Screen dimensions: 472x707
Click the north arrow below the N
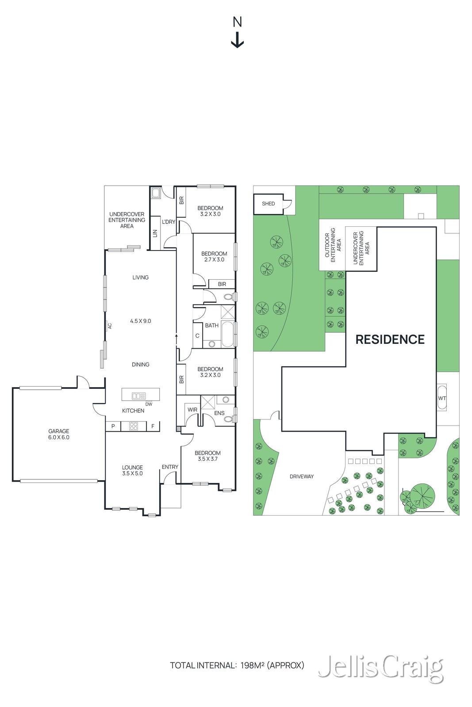click(x=237, y=42)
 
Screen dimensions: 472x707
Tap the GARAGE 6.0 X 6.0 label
click(x=59, y=434)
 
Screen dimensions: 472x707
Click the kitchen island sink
click(x=138, y=396)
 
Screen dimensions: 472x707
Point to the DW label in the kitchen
click(x=149, y=404)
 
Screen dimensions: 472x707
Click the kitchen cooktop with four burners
click(x=133, y=426)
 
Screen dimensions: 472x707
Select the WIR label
click(x=192, y=410)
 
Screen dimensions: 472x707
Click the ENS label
click(x=219, y=413)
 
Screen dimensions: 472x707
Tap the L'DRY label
click(x=169, y=222)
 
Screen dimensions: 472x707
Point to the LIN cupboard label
click(x=155, y=233)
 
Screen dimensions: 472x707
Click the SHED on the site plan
click(x=268, y=204)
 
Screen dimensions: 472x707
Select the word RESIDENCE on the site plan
click(x=390, y=339)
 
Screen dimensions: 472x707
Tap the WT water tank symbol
click(x=441, y=398)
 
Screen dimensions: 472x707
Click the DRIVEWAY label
click(x=301, y=477)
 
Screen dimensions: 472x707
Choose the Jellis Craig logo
click(x=380, y=667)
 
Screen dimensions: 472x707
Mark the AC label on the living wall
click(x=110, y=326)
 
